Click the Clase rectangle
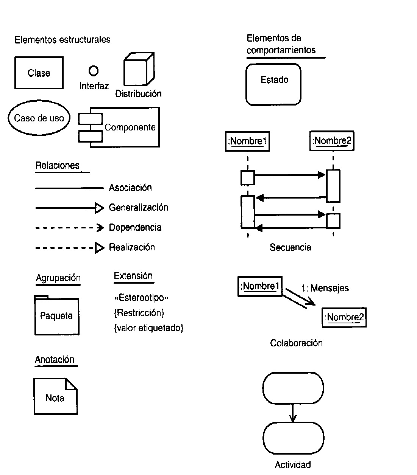tap(39, 73)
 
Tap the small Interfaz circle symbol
tap(93, 71)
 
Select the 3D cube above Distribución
tap(138, 70)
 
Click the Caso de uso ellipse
tap(39, 118)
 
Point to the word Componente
tap(130, 127)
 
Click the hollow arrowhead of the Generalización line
tap(99, 208)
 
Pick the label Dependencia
tap(135, 227)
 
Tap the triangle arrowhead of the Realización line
tap(99, 248)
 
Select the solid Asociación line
tap(69, 188)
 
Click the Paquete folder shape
tap(57, 316)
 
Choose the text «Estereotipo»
tap(141, 298)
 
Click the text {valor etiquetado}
tap(148, 328)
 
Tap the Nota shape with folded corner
tap(55, 397)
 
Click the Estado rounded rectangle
tap(273, 84)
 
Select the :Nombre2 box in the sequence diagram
tap(332, 141)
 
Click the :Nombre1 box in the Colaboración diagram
tap(260, 286)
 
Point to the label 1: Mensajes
tap(325, 288)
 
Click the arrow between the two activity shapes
tap(292, 413)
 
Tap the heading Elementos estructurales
tap(62, 40)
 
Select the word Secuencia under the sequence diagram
tap(290, 247)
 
